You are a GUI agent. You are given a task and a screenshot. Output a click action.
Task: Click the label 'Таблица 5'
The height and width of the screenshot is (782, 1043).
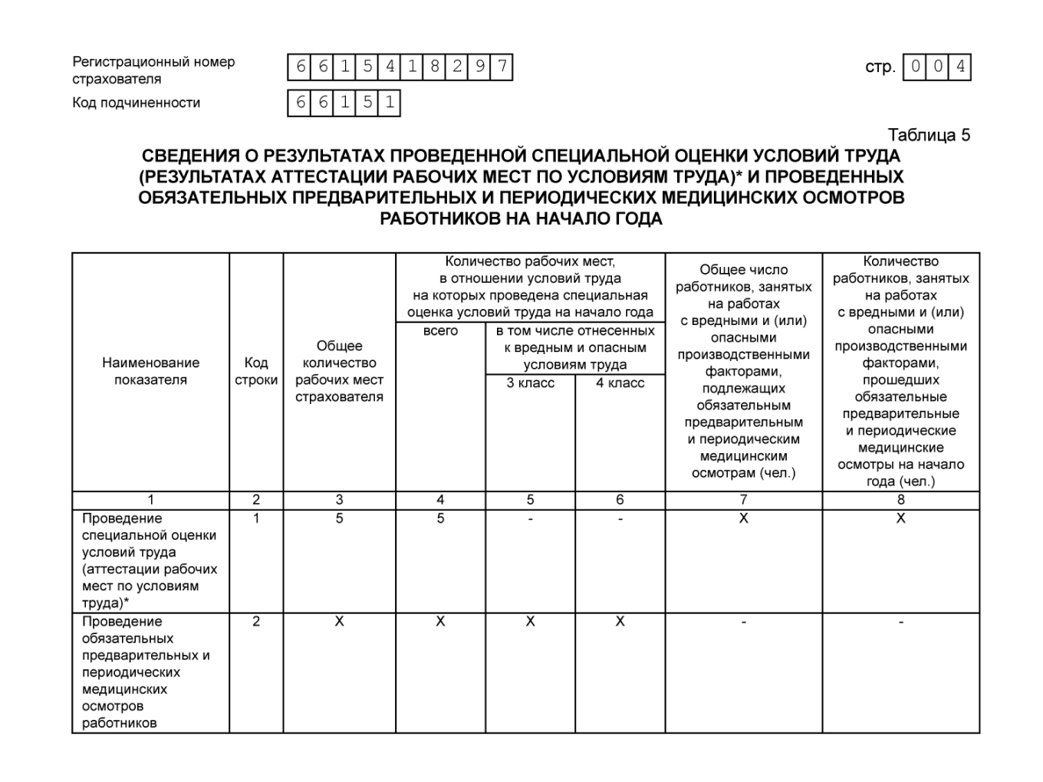929,135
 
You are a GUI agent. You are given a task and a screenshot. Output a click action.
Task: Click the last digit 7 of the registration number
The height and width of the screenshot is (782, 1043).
502,67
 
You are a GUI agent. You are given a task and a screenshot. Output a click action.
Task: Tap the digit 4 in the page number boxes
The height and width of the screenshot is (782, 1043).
959,67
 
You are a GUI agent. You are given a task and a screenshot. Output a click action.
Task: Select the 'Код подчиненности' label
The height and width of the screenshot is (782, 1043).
136,103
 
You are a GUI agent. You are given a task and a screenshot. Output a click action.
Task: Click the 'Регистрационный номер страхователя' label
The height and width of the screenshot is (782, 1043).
153,70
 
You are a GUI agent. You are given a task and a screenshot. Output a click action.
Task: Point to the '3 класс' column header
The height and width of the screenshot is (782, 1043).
530,383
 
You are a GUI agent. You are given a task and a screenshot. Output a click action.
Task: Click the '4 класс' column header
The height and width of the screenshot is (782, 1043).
620,383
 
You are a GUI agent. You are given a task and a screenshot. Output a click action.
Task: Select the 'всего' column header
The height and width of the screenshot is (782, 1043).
440,331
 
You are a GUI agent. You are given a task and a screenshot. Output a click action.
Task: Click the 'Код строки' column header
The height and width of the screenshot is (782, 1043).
256,371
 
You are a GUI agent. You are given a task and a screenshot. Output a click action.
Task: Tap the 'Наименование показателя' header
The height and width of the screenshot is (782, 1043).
150,371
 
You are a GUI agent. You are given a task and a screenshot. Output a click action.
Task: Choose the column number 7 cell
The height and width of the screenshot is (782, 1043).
743,500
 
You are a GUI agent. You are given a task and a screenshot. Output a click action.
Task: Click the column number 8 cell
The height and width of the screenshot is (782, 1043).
900,500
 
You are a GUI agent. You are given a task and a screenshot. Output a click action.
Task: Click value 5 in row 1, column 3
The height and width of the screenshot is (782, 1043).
339,519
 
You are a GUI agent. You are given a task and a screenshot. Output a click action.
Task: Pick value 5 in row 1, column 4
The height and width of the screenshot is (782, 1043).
440,519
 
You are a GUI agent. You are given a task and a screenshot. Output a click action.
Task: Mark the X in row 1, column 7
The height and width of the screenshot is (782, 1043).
743,519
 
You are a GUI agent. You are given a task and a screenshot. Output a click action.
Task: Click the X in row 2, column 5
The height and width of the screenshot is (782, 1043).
530,622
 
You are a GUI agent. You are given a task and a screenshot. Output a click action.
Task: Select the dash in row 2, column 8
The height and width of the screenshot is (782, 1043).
900,622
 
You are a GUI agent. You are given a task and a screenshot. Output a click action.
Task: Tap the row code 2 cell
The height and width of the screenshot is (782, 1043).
256,622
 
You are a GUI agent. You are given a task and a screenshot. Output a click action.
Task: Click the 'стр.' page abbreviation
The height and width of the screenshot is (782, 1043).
880,67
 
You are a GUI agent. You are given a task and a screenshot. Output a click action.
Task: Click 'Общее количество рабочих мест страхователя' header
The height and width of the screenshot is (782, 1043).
339,371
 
